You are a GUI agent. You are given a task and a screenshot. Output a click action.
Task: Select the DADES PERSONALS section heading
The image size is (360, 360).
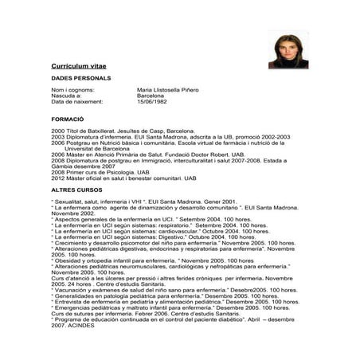(80, 78)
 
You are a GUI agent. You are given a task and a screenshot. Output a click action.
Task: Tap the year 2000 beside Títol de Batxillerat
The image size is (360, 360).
(57, 129)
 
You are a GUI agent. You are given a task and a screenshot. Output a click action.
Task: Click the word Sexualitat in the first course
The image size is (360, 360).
(69, 203)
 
